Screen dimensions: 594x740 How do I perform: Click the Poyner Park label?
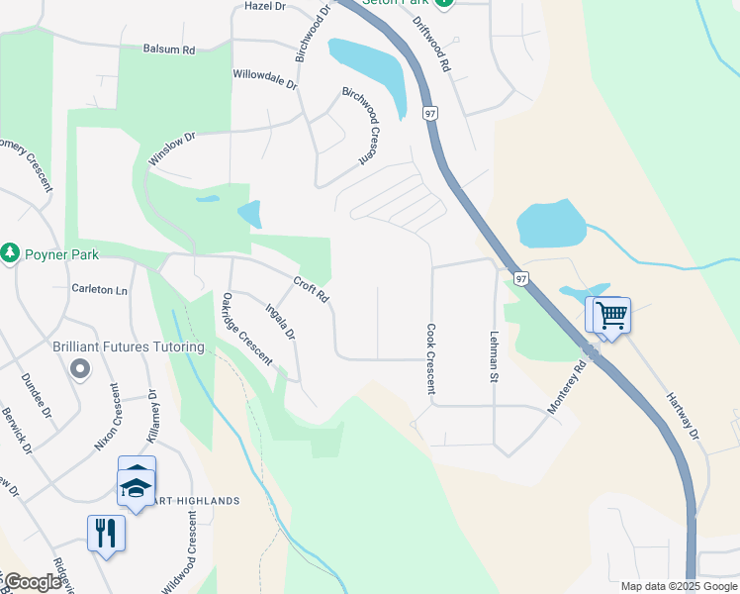click(62, 254)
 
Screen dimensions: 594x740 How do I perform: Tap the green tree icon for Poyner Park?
click(11, 253)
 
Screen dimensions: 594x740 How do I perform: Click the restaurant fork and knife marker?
click(106, 533)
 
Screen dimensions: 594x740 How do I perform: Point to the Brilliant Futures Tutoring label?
click(129, 347)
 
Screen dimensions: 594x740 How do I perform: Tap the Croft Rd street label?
click(311, 290)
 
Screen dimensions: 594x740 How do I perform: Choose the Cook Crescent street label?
click(431, 358)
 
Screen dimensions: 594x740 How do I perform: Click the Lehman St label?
click(493, 356)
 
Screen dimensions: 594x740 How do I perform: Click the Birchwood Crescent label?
click(360, 125)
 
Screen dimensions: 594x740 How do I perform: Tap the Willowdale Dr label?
click(265, 75)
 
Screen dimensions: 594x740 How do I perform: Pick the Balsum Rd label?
click(169, 49)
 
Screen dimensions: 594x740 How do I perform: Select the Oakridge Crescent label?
click(246, 329)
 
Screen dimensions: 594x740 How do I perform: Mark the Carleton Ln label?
click(100, 290)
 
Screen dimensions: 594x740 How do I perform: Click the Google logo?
click(34, 582)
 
